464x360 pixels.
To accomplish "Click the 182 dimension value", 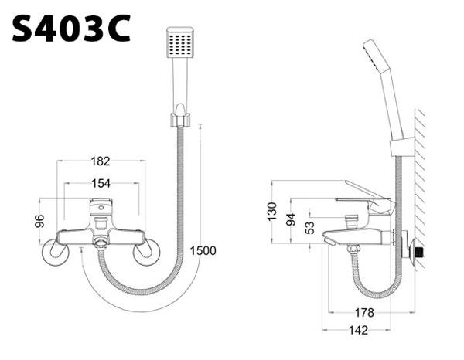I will pos(101,161).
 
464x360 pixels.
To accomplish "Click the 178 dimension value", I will pos(365,313).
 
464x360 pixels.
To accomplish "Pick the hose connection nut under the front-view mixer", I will pos(100,243).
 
